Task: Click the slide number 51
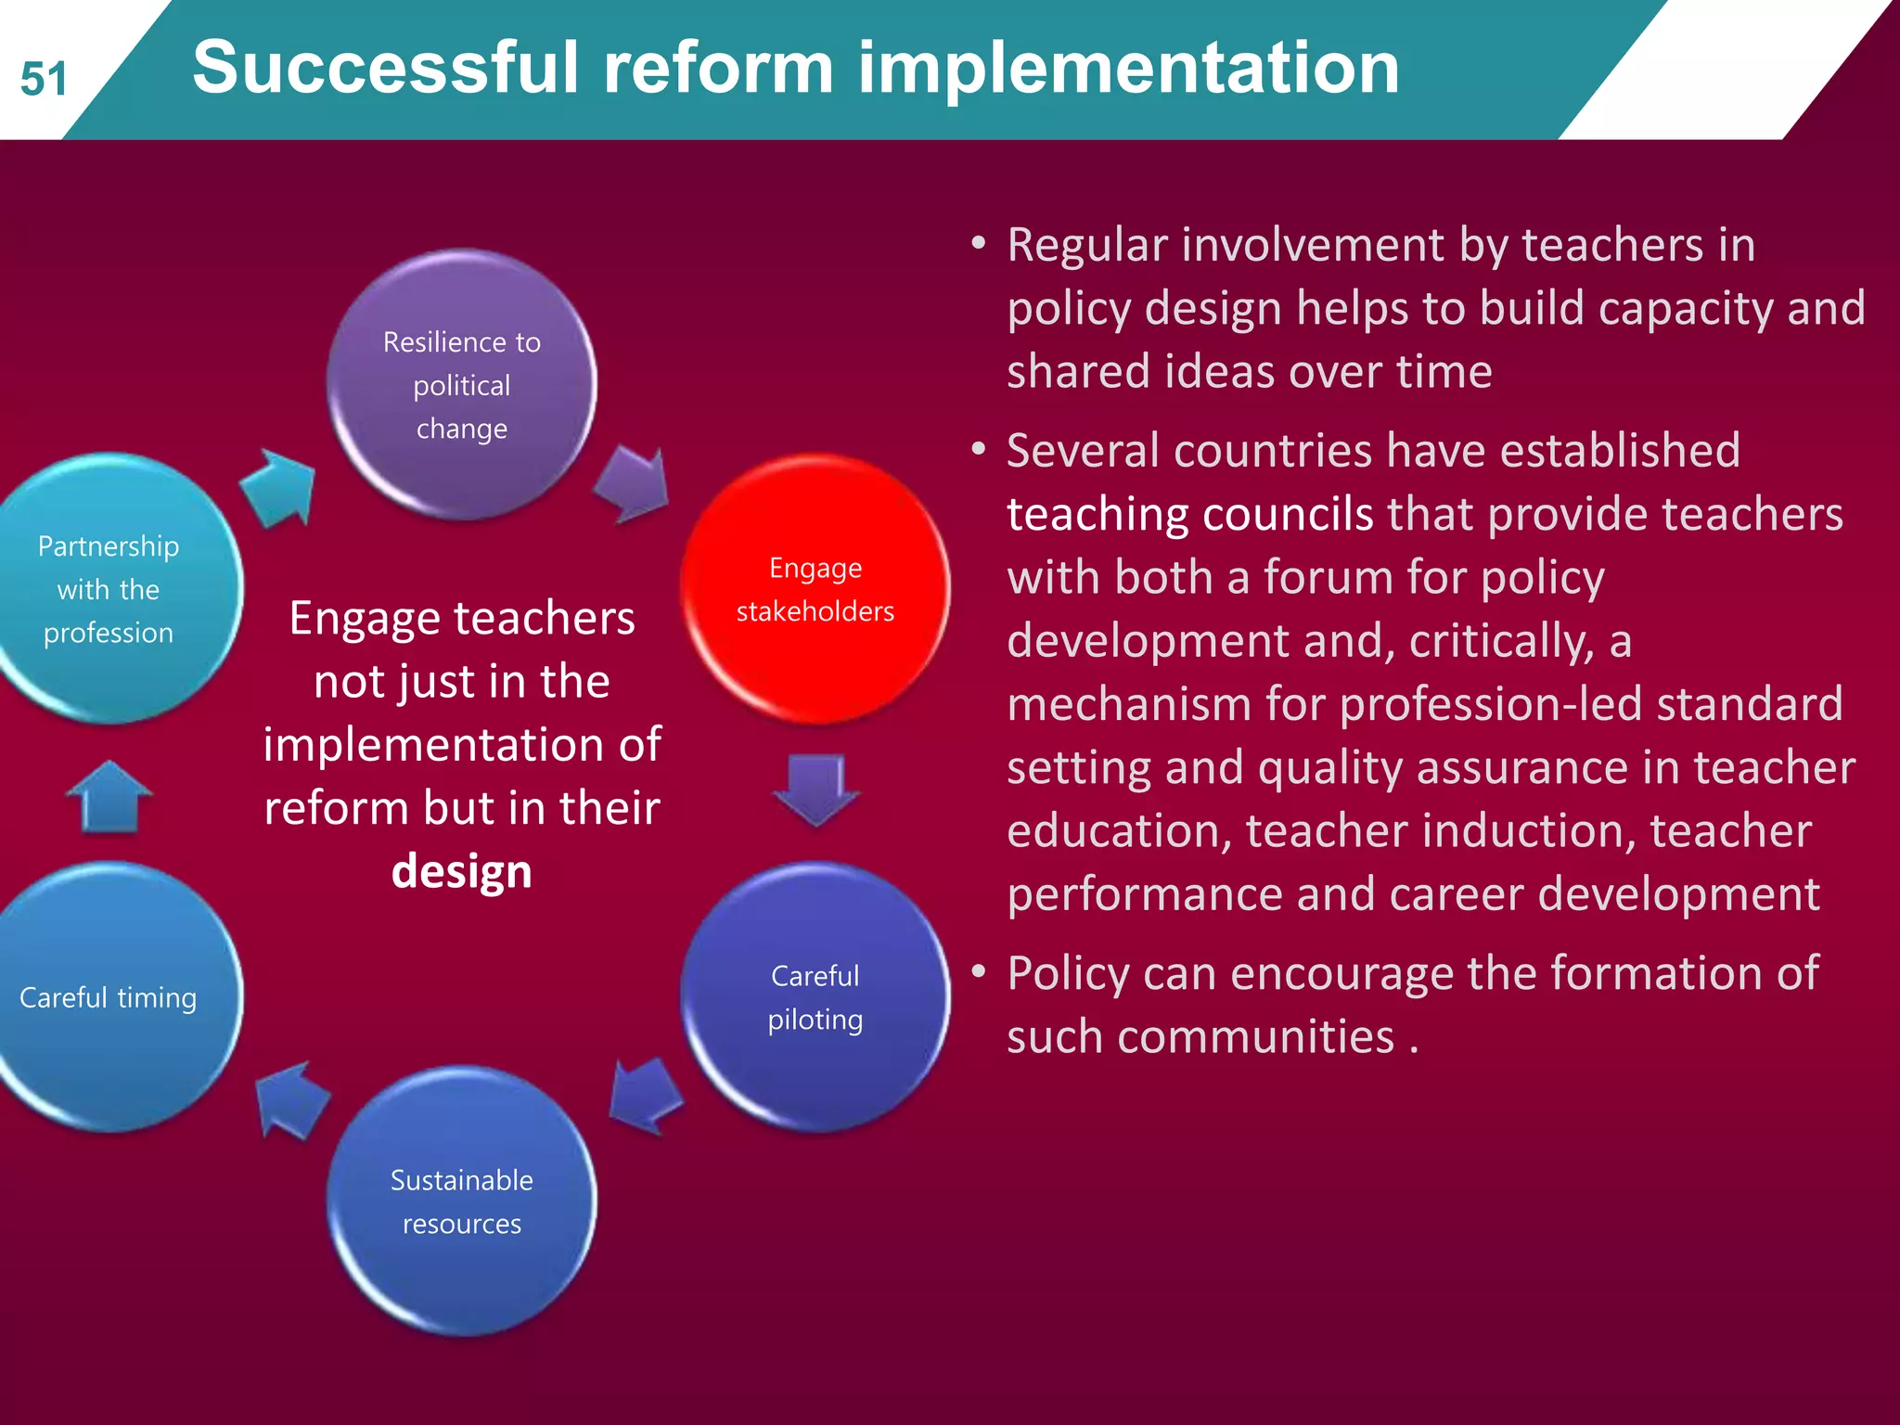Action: click(44, 79)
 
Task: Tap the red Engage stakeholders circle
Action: click(815, 588)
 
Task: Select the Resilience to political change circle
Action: click(461, 384)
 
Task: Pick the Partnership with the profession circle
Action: click(109, 588)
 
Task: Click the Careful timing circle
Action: click(109, 997)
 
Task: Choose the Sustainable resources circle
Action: click(461, 1201)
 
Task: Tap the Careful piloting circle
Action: click(815, 997)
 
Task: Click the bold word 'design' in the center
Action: click(461, 871)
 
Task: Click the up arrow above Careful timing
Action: click(109, 797)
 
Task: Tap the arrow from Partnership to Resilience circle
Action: click(278, 487)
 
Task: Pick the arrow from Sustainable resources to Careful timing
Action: click(291, 1099)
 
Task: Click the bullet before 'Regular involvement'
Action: click(978, 244)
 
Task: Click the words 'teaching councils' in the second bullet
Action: click(1189, 514)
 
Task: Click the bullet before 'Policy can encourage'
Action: click(978, 972)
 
